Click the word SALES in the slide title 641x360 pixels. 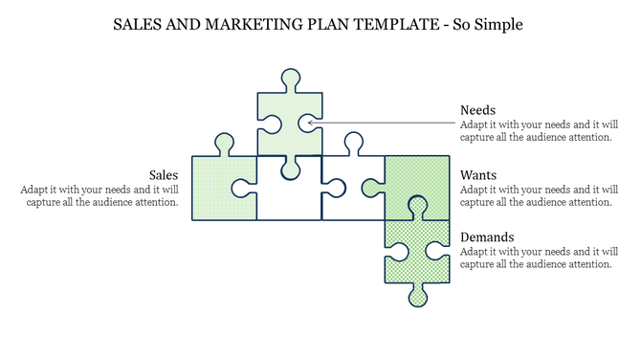coord(135,24)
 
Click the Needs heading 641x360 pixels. coord(477,110)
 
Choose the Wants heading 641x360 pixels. coord(478,175)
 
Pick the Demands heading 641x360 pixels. coord(487,236)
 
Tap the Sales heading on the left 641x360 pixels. coord(164,175)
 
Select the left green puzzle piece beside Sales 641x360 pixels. coord(224,189)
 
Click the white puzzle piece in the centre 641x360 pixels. coord(290,197)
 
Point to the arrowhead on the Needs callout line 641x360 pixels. coord(311,123)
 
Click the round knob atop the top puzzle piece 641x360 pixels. coord(290,78)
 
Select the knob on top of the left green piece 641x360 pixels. coord(225,144)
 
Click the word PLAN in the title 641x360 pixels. coord(336,24)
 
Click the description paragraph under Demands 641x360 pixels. coord(536,257)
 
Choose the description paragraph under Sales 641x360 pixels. coord(99,195)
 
